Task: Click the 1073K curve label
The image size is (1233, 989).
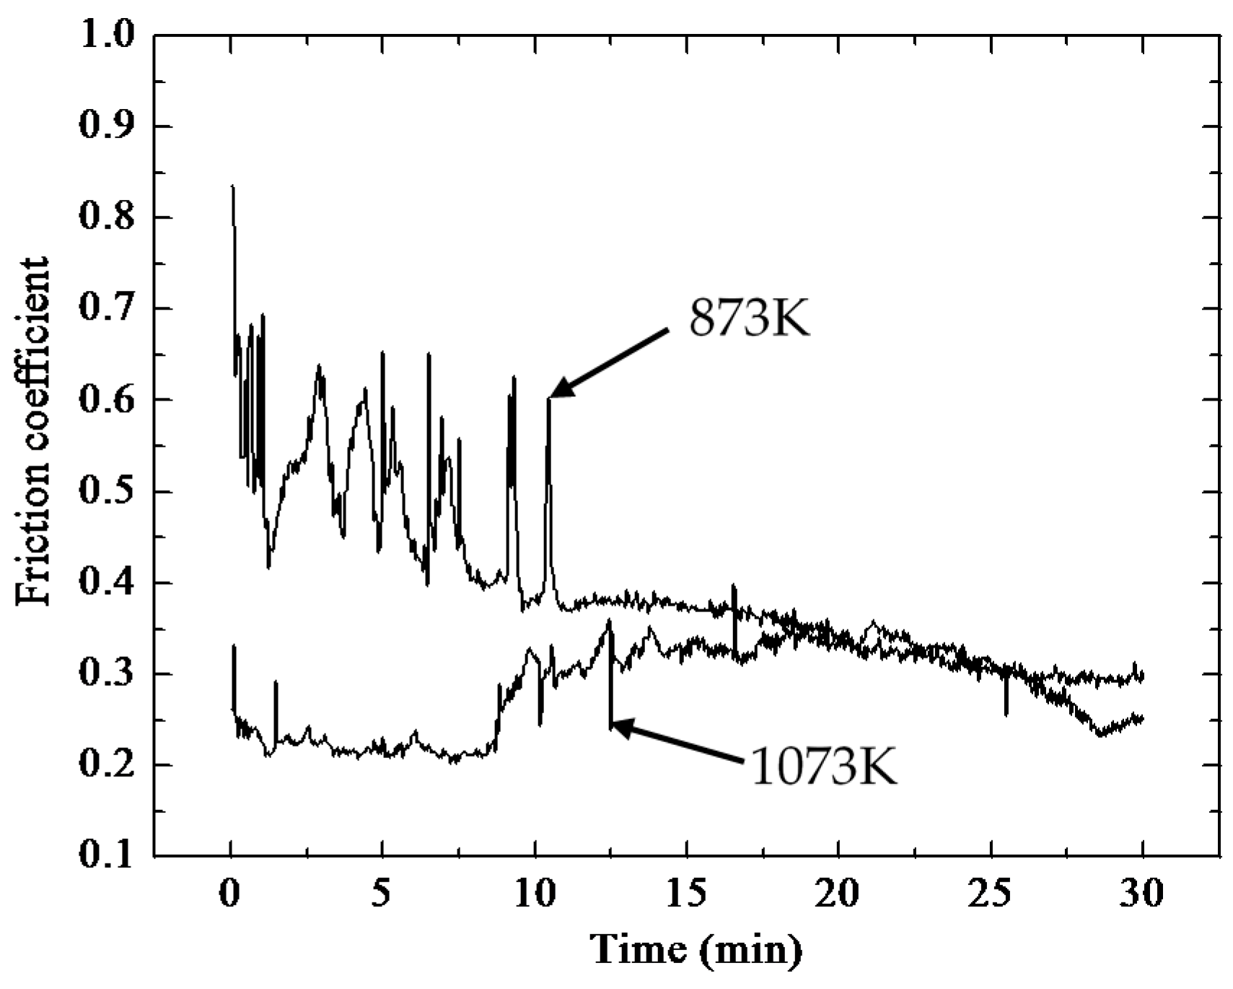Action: pos(823,766)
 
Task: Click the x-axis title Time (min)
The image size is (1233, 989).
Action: pos(696,949)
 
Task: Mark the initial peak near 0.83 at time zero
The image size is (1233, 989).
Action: pos(232,189)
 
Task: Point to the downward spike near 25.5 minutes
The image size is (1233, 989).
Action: pos(1006,711)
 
